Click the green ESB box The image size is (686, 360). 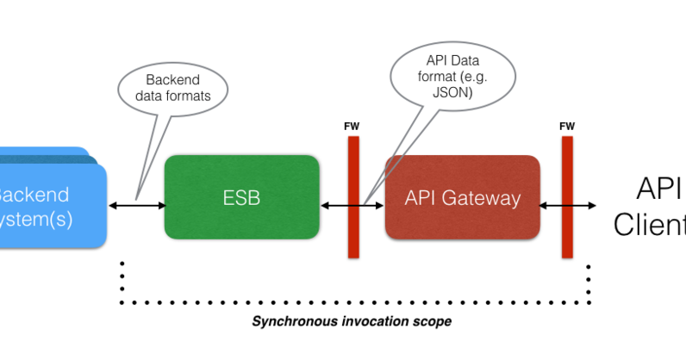click(241, 197)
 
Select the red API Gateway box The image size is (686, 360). click(462, 197)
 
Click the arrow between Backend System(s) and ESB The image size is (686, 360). click(137, 205)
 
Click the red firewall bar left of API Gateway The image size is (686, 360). click(353, 197)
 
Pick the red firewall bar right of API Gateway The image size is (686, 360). click(567, 197)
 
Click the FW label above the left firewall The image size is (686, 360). click(352, 127)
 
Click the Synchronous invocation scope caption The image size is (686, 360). click(352, 321)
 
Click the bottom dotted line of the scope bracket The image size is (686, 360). click(353, 303)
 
